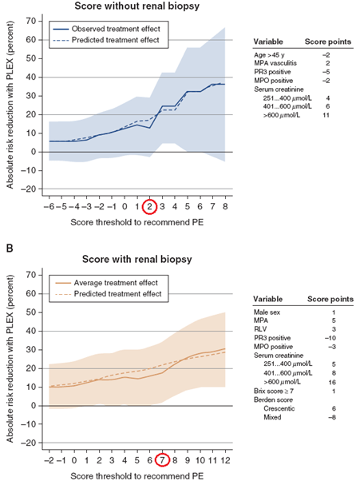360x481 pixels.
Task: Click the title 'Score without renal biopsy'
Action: point(137,6)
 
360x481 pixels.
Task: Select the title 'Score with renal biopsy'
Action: point(137,259)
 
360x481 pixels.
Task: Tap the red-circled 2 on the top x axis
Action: point(149,207)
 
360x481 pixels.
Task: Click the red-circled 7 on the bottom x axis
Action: point(162,460)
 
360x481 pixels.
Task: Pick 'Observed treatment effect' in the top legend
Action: point(116,29)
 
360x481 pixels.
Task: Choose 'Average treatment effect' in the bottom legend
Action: point(116,283)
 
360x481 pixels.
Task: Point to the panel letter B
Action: point(10,248)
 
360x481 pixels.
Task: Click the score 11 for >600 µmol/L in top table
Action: point(326,115)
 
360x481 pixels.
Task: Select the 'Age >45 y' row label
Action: point(269,55)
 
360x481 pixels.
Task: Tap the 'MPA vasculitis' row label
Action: point(275,63)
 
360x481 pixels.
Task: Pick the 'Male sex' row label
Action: point(267,312)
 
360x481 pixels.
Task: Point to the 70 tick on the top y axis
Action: point(32,21)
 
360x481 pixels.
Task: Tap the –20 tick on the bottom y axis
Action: point(29,443)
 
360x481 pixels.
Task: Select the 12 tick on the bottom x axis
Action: point(225,460)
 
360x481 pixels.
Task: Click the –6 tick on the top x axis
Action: point(49,207)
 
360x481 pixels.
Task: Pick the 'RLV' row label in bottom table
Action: point(259,329)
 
